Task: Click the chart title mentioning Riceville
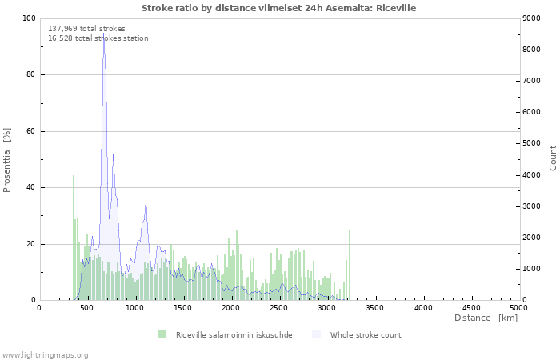tap(278, 8)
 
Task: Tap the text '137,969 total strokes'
tap(86, 29)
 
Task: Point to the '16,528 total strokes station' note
tap(98, 38)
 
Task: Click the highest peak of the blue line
tap(103, 34)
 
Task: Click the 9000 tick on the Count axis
tap(531, 18)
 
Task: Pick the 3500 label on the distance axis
tap(374, 308)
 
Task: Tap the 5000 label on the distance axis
tap(518, 308)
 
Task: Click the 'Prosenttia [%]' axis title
tap(6, 160)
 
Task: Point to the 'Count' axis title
tap(553, 158)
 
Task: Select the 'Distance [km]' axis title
tap(486, 318)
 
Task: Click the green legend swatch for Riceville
tap(162, 334)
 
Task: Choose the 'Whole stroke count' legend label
tap(366, 335)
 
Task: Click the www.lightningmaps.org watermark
tap(44, 355)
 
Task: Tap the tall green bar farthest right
tap(350, 265)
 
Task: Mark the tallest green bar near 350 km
tap(74, 238)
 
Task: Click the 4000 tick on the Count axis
tap(531, 175)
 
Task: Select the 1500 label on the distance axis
tap(182, 308)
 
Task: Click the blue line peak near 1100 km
tap(146, 200)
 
